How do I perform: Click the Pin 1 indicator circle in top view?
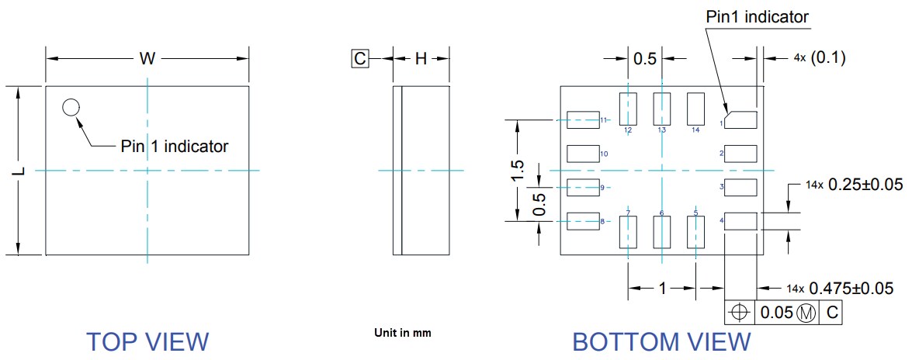click(x=71, y=108)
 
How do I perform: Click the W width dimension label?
click(x=146, y=58)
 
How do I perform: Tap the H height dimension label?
click(x=420, y=58)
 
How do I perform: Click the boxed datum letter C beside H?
click(x=359, y=58)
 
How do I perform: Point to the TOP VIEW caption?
click(x=147, y=341)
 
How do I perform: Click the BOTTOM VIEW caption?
click(x=661, y=341)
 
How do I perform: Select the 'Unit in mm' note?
click(x=402, y=333)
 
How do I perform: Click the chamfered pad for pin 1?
click(x=740, y=119)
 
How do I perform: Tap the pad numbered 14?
click(x=695, y=108)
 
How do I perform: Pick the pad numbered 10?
click(x=583, y=153)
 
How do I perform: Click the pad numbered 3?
click(x=740, y=187)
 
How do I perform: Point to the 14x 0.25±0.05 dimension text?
click(x=848, y=185)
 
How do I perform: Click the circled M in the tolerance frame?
click(x=807, y=313)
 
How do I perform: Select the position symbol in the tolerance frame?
click(x=739, y=313)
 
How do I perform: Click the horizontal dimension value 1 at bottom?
click(x=662, y=288)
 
